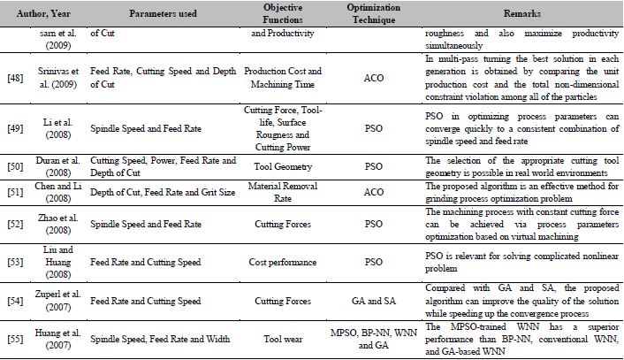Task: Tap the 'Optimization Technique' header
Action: tap(368, 16)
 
